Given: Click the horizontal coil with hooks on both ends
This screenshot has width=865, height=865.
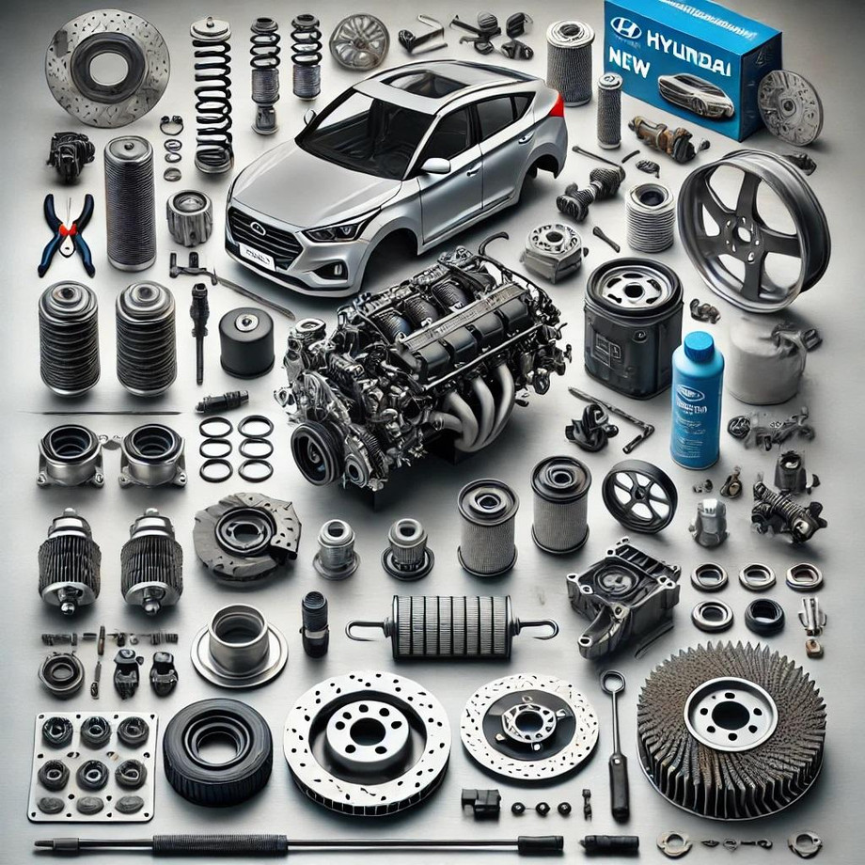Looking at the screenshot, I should (452, 627).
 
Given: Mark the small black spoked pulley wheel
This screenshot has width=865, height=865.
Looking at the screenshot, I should (639, 495).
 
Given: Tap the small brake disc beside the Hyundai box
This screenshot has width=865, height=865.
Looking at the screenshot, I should (790, 106).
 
